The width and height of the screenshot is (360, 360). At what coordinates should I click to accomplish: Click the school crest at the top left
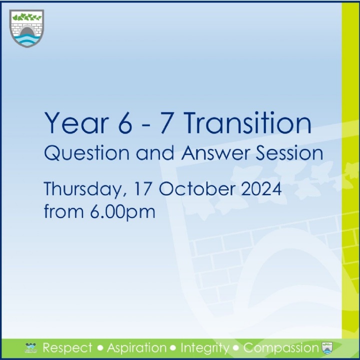26,28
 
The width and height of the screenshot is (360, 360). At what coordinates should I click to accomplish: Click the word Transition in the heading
247,123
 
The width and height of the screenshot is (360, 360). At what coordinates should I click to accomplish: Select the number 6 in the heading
125,123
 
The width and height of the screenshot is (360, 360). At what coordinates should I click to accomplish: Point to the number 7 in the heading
166,123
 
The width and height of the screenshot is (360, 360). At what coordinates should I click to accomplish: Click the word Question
86,153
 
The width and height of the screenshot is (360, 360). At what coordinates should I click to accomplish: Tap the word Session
289,153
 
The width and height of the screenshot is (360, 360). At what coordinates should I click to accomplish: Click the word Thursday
85,189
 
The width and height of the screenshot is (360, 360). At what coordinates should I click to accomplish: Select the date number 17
143,188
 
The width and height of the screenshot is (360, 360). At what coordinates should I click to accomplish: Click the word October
197,188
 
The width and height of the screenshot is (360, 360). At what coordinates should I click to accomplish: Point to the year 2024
261,188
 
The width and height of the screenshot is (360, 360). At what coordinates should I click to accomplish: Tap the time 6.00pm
122,212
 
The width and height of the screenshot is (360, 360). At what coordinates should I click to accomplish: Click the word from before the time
64,211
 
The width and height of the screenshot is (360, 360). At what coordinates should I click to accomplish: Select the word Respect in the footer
67,348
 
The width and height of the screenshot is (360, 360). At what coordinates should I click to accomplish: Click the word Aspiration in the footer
136,348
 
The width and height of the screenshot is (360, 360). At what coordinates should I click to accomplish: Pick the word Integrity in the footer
205,348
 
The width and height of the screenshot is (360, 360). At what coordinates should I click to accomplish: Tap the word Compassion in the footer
281,348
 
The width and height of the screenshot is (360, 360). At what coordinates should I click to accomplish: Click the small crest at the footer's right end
327,348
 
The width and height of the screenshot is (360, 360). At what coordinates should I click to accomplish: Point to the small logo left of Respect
30,348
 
